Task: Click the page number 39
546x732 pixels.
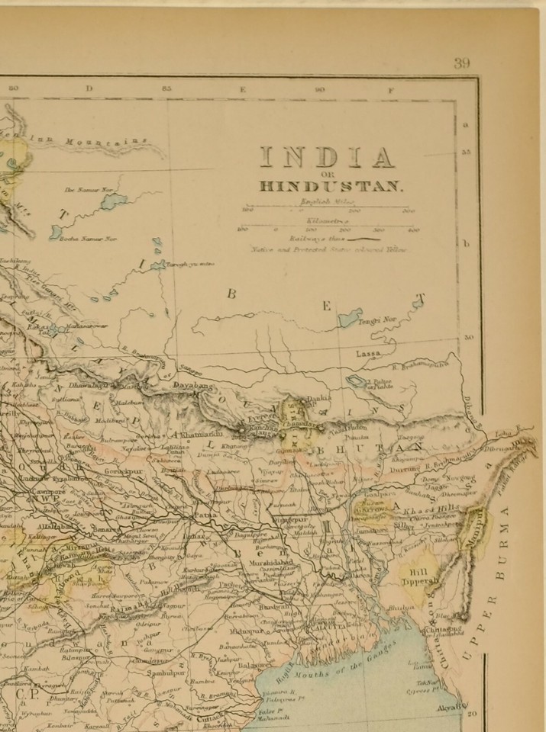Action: (461, 63)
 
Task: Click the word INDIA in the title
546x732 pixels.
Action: (327, 156)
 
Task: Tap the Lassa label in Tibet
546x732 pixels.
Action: (368, 355)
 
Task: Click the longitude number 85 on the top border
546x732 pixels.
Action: (166, 89)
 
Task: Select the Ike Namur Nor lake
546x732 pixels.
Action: (113, 201)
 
